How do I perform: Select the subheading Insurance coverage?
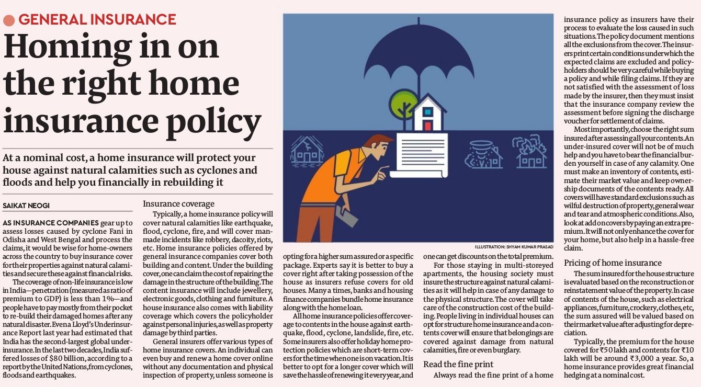coord(178,204)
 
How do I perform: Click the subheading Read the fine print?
coord(458,364)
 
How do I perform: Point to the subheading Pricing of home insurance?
coord(613,263)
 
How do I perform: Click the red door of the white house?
coord(427,126)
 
